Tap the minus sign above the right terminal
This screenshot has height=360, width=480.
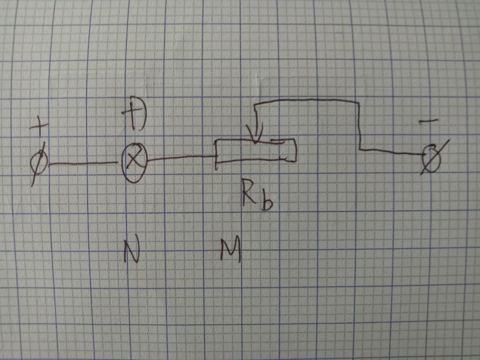point(428,121)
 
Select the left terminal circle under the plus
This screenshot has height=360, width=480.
point(39,162)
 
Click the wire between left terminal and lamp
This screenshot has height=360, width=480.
point(83,164)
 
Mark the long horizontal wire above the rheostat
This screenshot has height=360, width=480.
point(306,100)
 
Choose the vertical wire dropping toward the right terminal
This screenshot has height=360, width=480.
point(360,126)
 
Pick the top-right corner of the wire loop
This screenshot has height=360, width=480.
point(359,102)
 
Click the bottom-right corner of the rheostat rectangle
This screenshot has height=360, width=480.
point(296,161)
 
